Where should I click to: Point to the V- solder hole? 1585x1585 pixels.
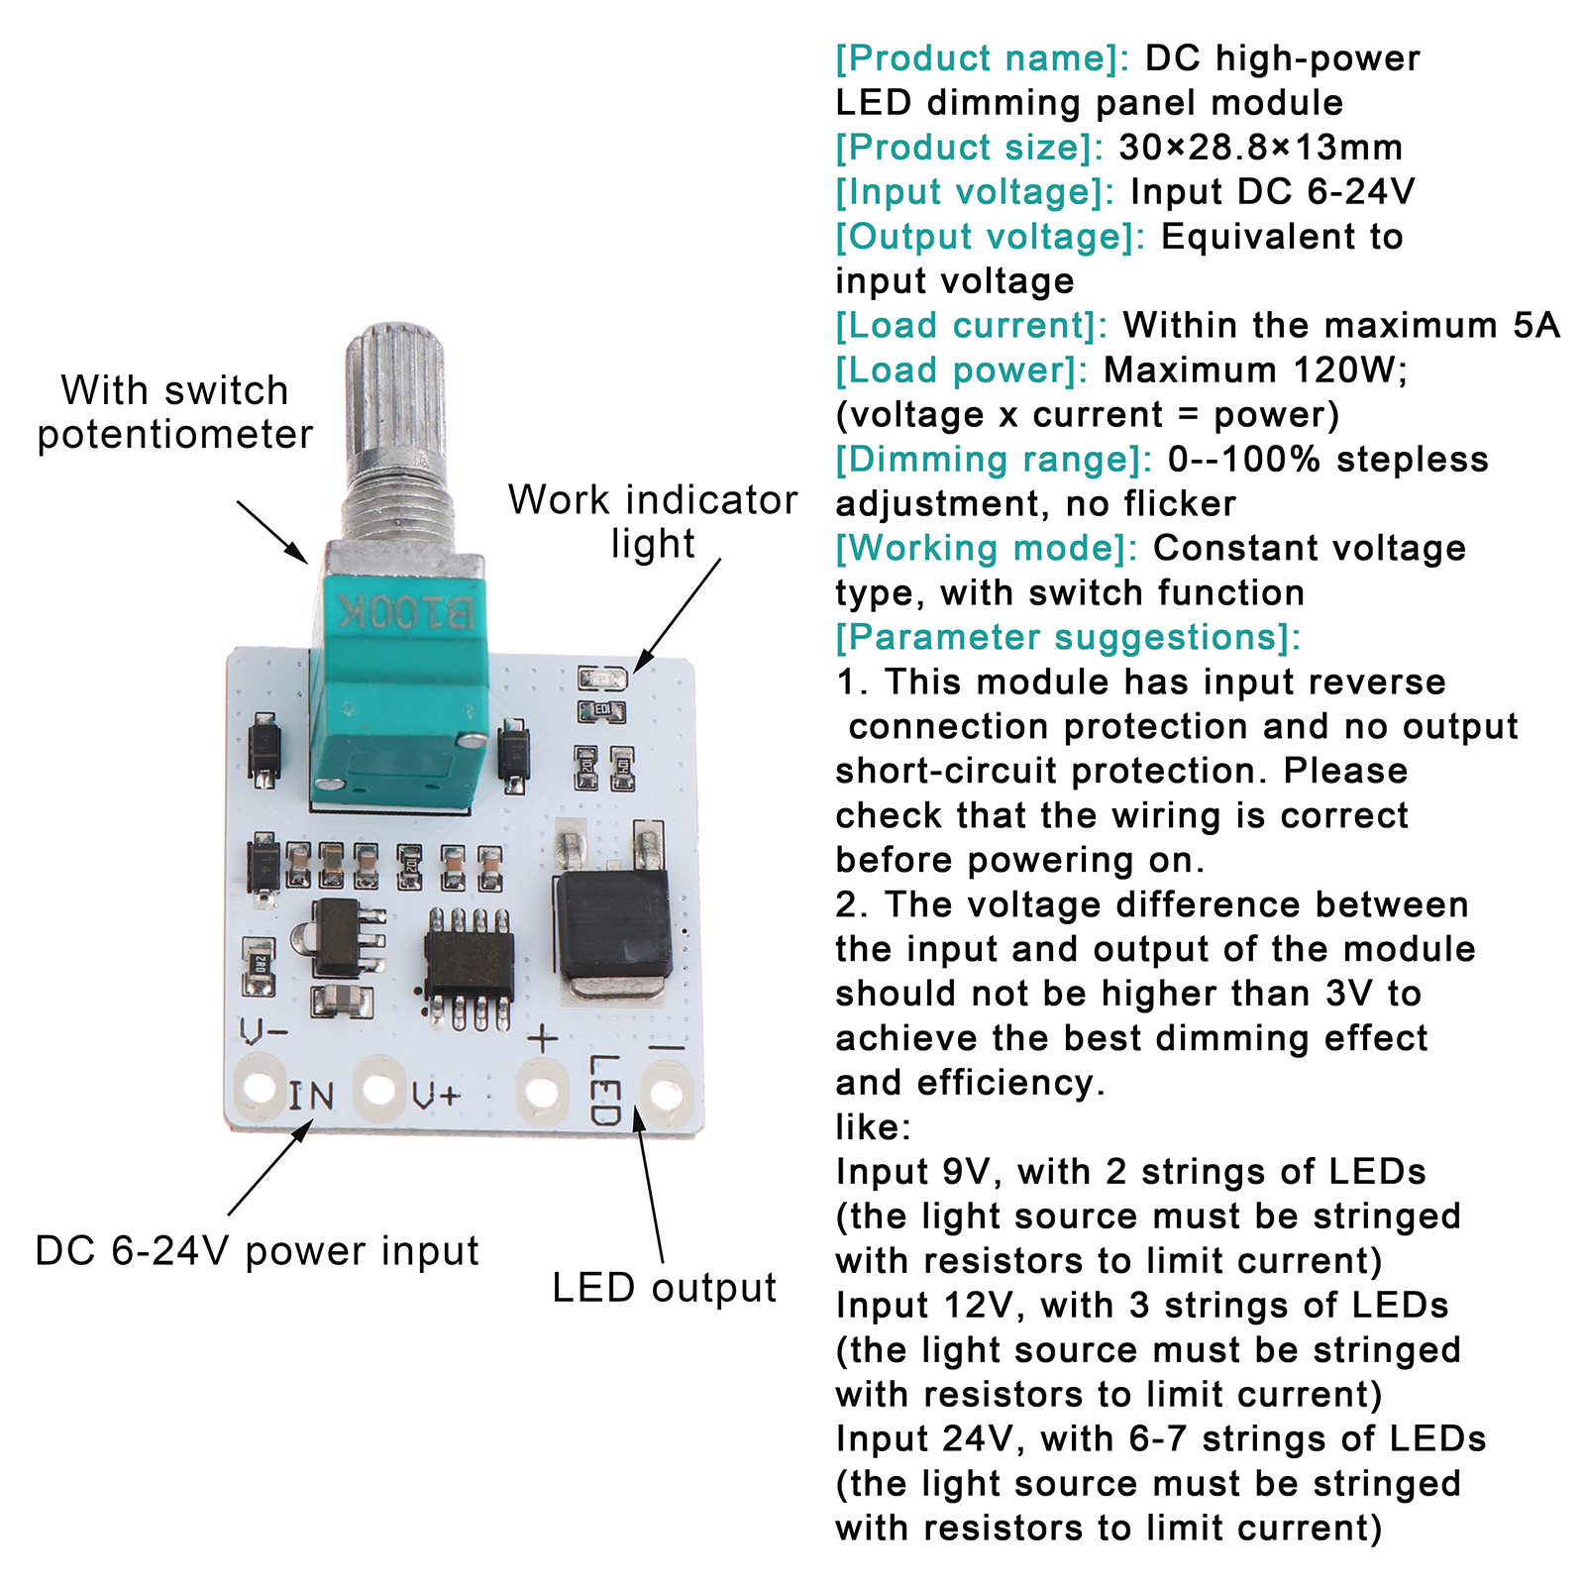tap(260, 1086)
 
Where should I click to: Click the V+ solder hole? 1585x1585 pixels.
tap(379, 1088)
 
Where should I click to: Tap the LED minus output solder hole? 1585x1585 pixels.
tap(666, 1093)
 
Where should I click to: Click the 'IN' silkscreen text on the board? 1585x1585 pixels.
tap(311, 1096)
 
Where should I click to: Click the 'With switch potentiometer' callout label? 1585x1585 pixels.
tap(174, 412)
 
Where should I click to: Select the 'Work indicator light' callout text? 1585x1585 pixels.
tap(653, 521)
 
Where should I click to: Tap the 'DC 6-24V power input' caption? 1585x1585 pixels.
tap(257, 1251)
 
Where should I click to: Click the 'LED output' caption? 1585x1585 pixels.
tap(664, 1288)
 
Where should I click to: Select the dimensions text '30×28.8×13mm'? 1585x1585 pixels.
tap(1260, 148)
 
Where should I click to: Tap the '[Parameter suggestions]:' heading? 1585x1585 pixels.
tap(1067, 637)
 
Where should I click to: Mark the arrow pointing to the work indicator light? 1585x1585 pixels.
tap(678, 615)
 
